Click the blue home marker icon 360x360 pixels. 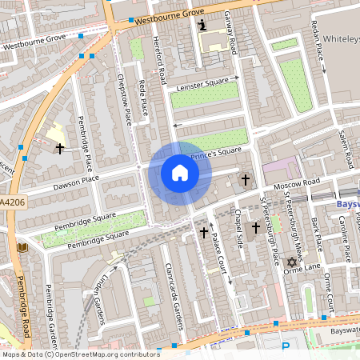click(180, 173)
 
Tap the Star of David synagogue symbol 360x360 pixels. click(291, 262)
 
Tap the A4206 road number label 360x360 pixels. click(11, 202)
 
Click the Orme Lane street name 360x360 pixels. click(304, 266)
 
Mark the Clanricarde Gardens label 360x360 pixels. click(169, 297)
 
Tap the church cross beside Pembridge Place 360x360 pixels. click(58, 148)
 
